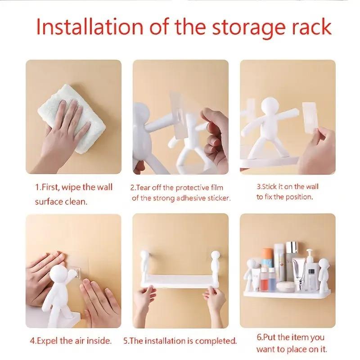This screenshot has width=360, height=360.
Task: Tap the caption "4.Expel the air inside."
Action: point(72,340)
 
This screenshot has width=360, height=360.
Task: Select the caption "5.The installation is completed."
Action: point(180,341)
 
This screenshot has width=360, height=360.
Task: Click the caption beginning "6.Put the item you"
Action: point(291,342)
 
